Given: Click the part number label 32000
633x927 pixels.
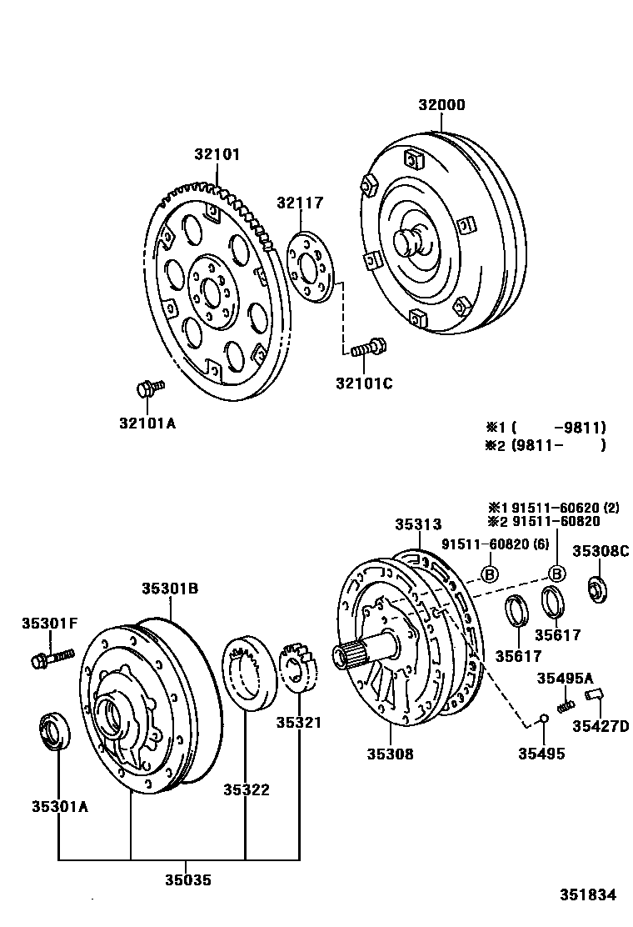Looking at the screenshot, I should tap(441, 105).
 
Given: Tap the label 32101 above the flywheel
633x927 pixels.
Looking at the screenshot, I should tap(217, 154).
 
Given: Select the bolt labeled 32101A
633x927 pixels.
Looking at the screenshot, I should tap(148, 388).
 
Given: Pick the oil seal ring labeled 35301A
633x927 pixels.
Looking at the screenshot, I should tap(56, 731).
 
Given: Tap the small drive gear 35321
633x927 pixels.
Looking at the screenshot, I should tap(300, 667).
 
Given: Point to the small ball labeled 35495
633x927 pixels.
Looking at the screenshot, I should tap(542, 719).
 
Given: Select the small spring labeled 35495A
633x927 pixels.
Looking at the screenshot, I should tap(566, 705).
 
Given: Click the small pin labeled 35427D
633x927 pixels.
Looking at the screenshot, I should tap(592, 694).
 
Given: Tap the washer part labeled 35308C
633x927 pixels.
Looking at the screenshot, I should tap(599, 589).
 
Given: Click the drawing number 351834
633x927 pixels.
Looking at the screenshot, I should tap(586, 895).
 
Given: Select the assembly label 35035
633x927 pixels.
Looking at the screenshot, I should tap(187, 879).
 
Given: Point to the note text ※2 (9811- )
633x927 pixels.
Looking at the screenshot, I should tap(546, 445).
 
